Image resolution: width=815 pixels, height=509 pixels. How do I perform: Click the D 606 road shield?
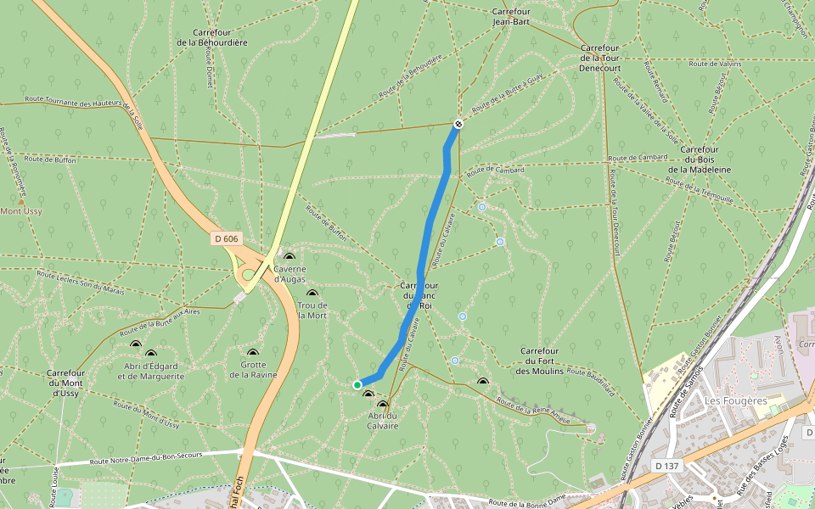point(225,239)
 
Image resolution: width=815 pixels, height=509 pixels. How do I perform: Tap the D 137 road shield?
point(668,466)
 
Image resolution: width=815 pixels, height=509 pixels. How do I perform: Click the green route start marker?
point(357,384)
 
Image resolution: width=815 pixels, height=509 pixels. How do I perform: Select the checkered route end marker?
point(458,124)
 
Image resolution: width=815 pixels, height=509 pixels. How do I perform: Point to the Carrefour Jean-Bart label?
point(510,16)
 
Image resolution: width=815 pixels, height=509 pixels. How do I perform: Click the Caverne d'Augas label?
point(289,273)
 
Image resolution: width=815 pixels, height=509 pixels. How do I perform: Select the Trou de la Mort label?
point(312,310)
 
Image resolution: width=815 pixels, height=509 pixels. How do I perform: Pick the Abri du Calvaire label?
point(383,420)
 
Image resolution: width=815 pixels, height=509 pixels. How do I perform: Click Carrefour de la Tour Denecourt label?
point(599,57)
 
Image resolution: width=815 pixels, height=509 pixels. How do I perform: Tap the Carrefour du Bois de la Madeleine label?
point(699,159)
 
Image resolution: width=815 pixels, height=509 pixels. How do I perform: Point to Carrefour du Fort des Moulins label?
point(539,361)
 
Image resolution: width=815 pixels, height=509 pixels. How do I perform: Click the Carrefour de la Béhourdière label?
point(212,37)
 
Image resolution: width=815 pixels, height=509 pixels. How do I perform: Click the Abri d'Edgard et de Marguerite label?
point(151,371)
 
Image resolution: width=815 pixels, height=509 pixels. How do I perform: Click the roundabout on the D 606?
point(250,274)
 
